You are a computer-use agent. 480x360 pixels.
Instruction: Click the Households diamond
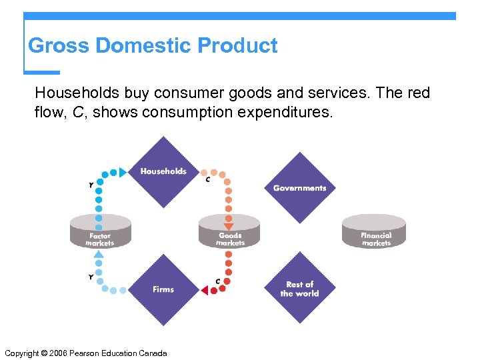click(163, 172)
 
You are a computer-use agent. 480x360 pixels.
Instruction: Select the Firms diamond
click(163, 289)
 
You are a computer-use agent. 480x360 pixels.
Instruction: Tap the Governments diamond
click(299, 187)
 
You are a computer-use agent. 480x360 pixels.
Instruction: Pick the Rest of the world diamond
click(299, 289)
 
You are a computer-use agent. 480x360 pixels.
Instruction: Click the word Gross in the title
click(59, 46)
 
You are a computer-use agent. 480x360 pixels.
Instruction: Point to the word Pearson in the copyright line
click(93, 353)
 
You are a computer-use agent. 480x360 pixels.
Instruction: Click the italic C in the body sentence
click(78, 113)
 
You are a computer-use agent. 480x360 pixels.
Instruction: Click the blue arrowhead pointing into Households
click(123, 173)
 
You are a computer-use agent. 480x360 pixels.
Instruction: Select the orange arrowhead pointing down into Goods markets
click(229, 226)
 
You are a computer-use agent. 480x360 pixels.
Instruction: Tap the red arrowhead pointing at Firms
click(204, 290)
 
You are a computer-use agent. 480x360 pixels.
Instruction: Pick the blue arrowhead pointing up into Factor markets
click(99, 254)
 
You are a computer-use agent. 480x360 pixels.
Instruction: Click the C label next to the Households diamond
click(208, 180)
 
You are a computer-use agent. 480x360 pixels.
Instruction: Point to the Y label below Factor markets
click(91, 277)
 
